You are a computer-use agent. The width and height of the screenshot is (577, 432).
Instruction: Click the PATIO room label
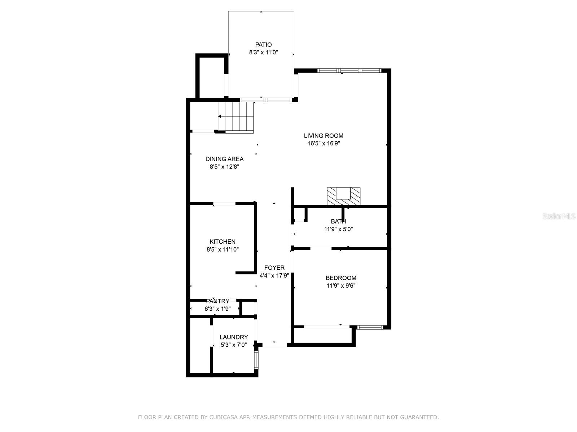[x=263, y=45]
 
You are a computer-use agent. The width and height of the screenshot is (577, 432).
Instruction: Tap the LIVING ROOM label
[x=323, y=136]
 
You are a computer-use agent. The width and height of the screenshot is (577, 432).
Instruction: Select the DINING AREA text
[x=225, y=159]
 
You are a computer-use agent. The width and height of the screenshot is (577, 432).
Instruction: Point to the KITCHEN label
[x=223, y=242]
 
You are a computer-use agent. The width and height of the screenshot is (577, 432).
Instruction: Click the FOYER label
[x=274, y=267]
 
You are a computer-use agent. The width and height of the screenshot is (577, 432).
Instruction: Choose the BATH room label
[x=338, y=221]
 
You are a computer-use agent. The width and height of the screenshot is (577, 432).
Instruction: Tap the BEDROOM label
[x=341, y=278]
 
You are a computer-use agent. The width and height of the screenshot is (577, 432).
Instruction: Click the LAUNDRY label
[x=234, y=337]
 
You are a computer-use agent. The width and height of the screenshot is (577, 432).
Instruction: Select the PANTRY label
[x=218, y=301]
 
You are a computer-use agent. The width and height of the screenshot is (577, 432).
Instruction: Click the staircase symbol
[x=235, y=117]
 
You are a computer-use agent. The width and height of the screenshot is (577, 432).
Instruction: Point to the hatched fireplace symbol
[x=344, y=196]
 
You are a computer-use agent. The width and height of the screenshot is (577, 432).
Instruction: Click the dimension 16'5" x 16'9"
[x=324, y=143]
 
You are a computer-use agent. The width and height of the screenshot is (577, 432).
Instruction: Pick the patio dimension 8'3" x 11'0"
[x=263, y=52]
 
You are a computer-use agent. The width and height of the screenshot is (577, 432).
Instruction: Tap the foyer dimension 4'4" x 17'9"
[x=274, y=275]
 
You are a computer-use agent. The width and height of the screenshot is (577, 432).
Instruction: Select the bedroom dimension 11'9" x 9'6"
[x=341, y=285]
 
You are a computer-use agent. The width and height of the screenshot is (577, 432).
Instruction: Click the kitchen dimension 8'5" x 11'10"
[x=223, y=249]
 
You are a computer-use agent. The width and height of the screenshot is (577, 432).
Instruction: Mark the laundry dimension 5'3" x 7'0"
[x=234, y=345]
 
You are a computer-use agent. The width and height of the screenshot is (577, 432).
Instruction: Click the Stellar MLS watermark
[x=559, y=216]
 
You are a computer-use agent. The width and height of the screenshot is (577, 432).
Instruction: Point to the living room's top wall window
[x=349, y=70]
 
